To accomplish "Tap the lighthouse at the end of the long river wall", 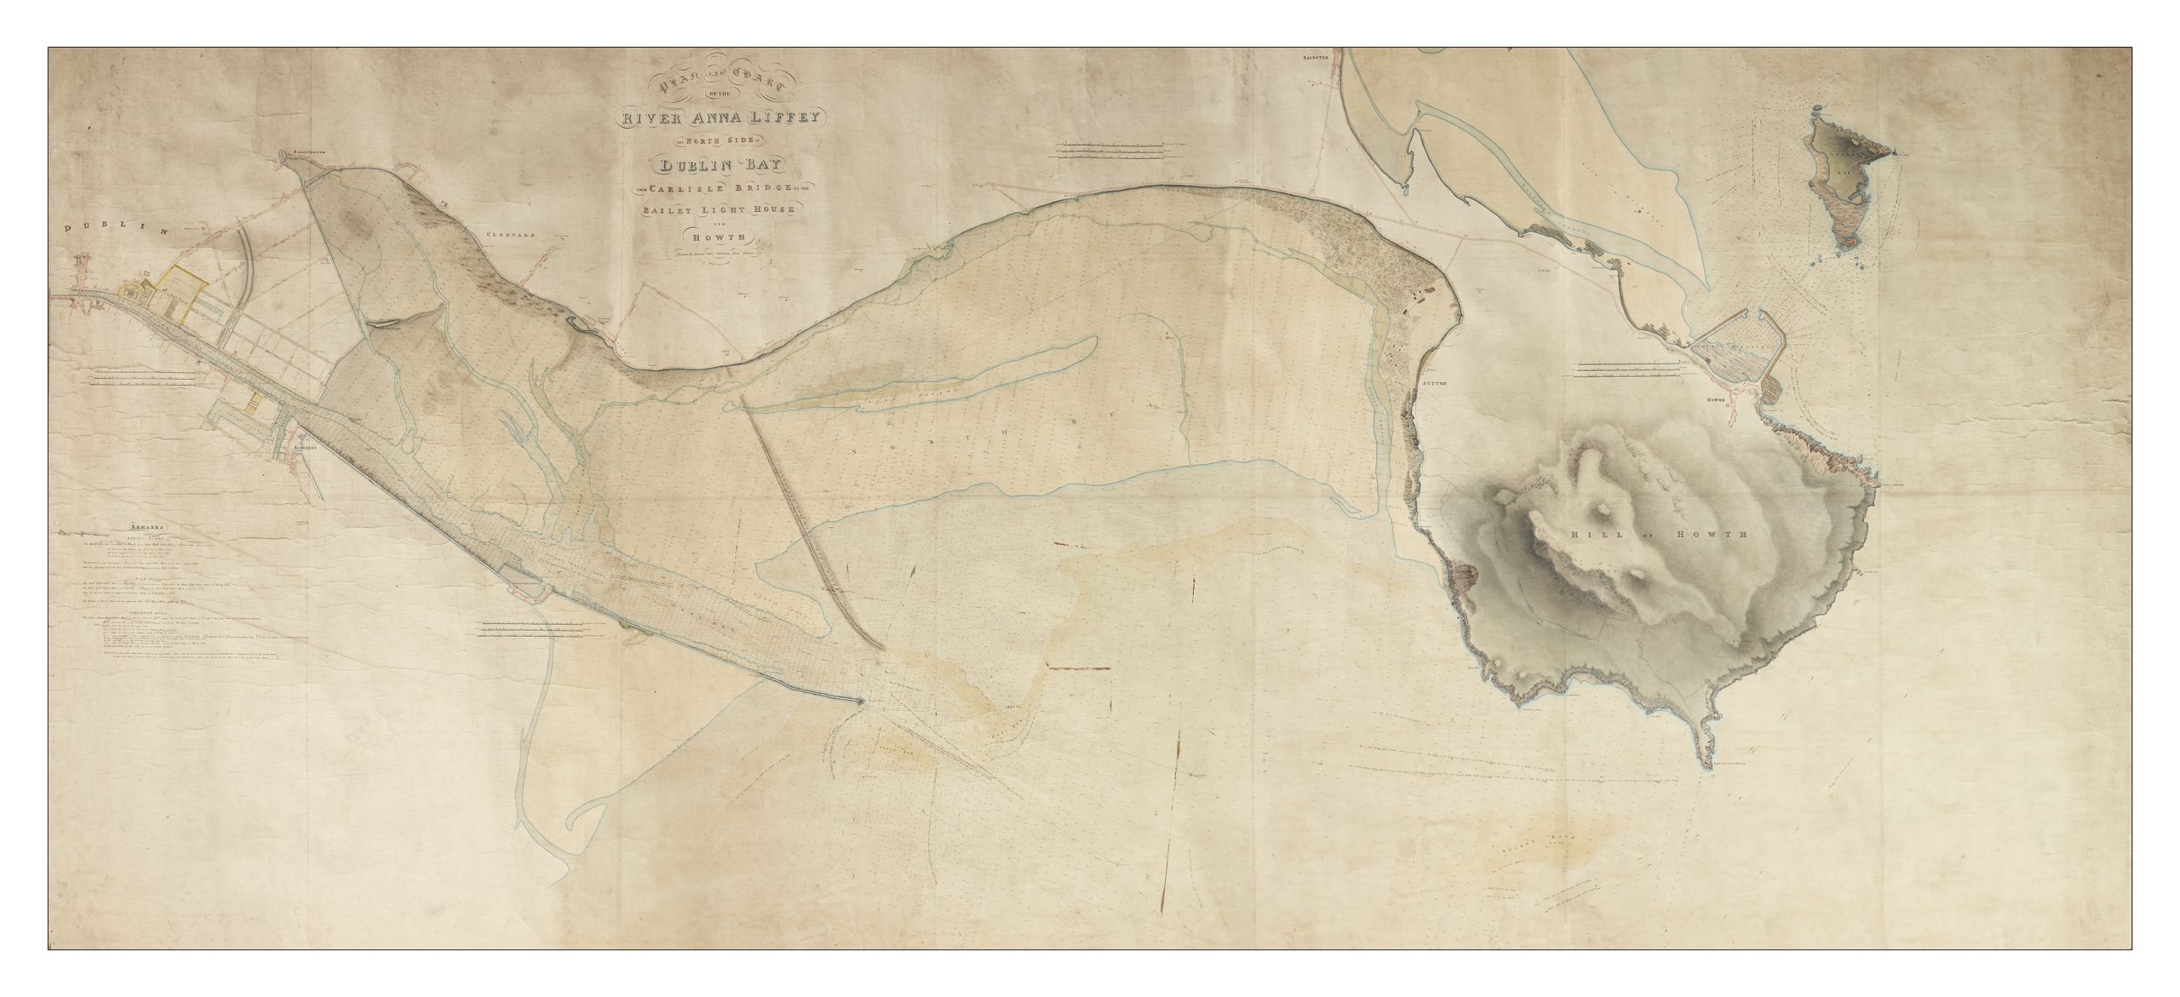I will tap(863, 701).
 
